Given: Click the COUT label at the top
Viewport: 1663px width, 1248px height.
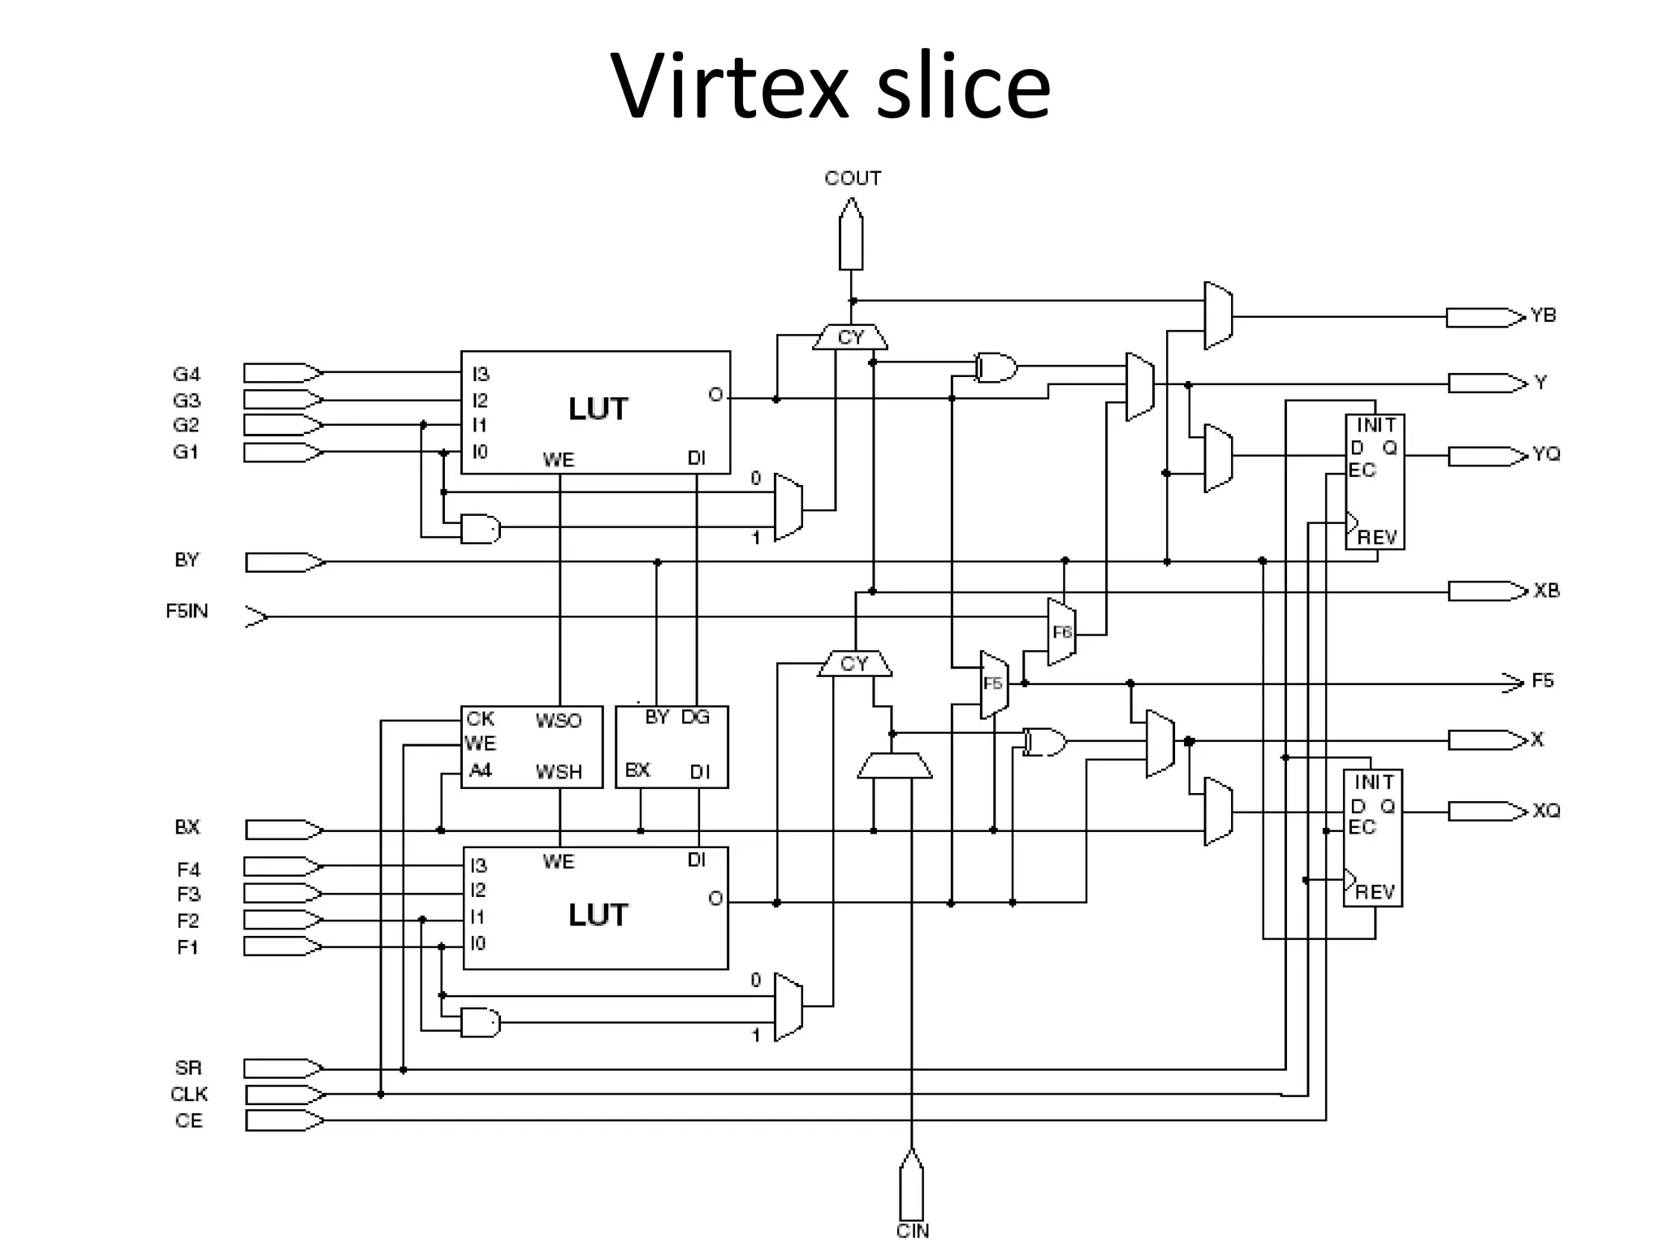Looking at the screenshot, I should pyautogui.click(x=852, y=178).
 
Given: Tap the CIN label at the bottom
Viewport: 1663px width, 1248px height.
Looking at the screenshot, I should pyautogui.click(x=912, y=1231).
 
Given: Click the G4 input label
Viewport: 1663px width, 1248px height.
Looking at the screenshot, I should pyautogui.click(x=186, y=375).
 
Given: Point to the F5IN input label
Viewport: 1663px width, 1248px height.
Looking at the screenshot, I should pyautogui.click(x=187, y=611).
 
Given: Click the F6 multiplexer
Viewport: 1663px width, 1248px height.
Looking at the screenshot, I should pyautogui.click(x=1062, y=632).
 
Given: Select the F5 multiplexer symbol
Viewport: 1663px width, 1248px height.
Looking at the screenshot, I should pyautogui.click(x=994, y=684).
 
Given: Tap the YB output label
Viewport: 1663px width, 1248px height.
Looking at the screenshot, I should pyautogui.click(x=1543, y=315).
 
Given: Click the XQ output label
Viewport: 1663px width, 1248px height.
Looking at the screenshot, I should pyautogui.click(x=1546, y=811).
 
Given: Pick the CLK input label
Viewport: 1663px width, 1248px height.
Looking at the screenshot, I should pyautogui.click(x=188, y=1094).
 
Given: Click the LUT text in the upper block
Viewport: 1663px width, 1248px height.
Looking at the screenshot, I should pyautogui.click(x=598, y=409).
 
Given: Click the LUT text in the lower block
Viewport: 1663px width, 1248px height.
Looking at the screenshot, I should pyautogui.click(x=598, y=915).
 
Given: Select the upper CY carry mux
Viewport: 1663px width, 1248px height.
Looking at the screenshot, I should pyautogui.click(x=850, y=337).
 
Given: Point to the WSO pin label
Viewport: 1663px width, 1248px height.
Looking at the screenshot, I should pyautogui.click(x=558, y=721).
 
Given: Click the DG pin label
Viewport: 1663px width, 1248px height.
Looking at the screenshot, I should pyautogui.click(x=695, y=717).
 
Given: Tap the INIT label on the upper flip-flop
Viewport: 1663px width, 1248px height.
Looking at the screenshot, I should pyautogui.click(x=1376, y=425).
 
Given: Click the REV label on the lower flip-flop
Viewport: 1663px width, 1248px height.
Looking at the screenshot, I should pyautogui.click(x=1375, y=892).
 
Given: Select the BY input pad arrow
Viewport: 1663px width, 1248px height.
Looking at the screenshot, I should pyautogui.click(x=284, y=562).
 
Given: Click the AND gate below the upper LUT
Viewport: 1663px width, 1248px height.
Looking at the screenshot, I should pyautogui.click(x=480, y=529).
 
